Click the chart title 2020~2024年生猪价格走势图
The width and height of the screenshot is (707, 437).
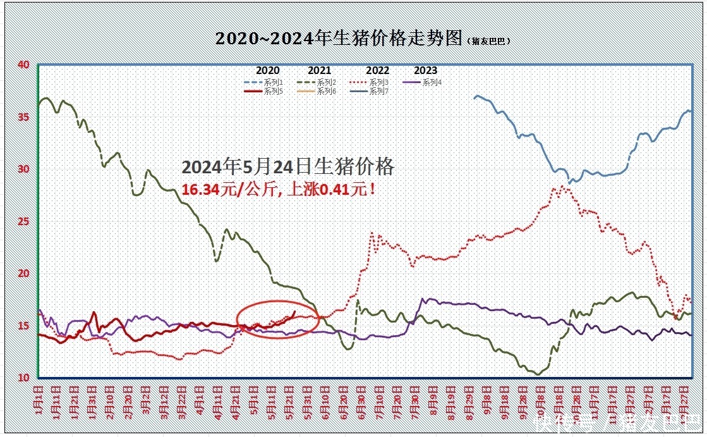(x=339, y=39)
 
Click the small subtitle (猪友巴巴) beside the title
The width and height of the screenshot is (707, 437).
(x=488, y=41)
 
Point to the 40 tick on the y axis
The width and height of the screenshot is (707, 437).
(x=23, y=65)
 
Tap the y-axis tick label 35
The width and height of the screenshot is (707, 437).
(x=23, y=117)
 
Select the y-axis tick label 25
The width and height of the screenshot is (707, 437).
(x=23, y=221)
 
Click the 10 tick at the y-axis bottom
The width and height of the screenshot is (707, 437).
(x=23, y=378)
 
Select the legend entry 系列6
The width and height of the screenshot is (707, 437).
(x=326, y=91)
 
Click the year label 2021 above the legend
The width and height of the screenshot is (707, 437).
(x=320, y=71)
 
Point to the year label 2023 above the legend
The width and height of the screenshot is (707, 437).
(x=426, y=71)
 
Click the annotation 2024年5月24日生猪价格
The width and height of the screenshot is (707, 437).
(x=288, y=167)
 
